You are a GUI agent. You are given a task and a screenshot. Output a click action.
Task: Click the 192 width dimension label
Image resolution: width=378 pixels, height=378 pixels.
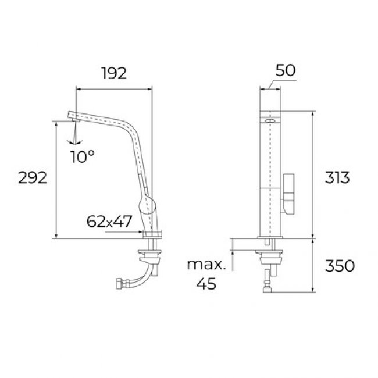pos(113,74)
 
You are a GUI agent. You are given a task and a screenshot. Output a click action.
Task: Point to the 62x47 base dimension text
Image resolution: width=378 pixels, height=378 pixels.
pos(110,221)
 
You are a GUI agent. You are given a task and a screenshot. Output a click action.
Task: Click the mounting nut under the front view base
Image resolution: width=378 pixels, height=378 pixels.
pos(270,254)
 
